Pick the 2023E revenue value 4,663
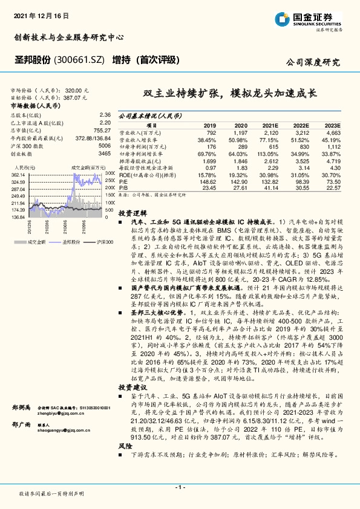pyautogui.click(x=334, y=131)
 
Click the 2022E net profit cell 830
pyautogui.click(x=302, y=145)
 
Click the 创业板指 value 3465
pyautogui.click(x=105, y=154)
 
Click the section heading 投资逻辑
pyautogui.click(x=130, y=213)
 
